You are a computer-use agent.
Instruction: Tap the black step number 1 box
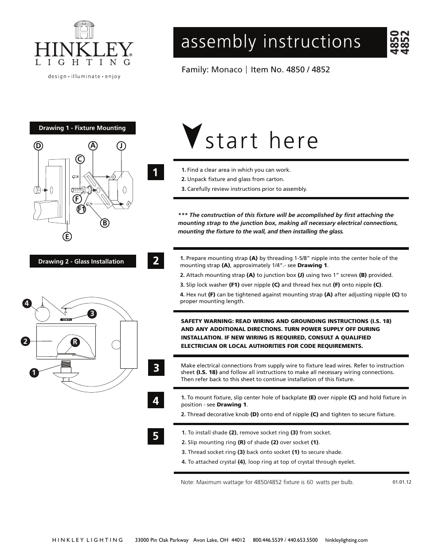pos(156,172)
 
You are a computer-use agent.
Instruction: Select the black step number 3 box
pos(156,368)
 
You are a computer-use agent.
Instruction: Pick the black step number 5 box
pos(156,436)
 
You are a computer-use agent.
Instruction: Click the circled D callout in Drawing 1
pos(39,146)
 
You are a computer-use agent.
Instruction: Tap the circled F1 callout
pos(81,209)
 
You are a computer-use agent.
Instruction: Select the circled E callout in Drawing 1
pos(67,237)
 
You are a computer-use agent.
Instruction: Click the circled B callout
pos(105,223)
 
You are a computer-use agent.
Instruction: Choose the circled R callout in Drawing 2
pos(75,342)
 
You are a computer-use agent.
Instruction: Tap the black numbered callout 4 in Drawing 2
pos(27,304)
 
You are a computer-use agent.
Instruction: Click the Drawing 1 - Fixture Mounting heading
pos(82,128)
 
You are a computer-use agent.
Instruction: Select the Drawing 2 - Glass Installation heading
pos(81,261)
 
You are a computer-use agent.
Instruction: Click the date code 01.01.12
pos(402,482)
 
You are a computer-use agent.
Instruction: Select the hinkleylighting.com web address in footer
pos(346,540)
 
